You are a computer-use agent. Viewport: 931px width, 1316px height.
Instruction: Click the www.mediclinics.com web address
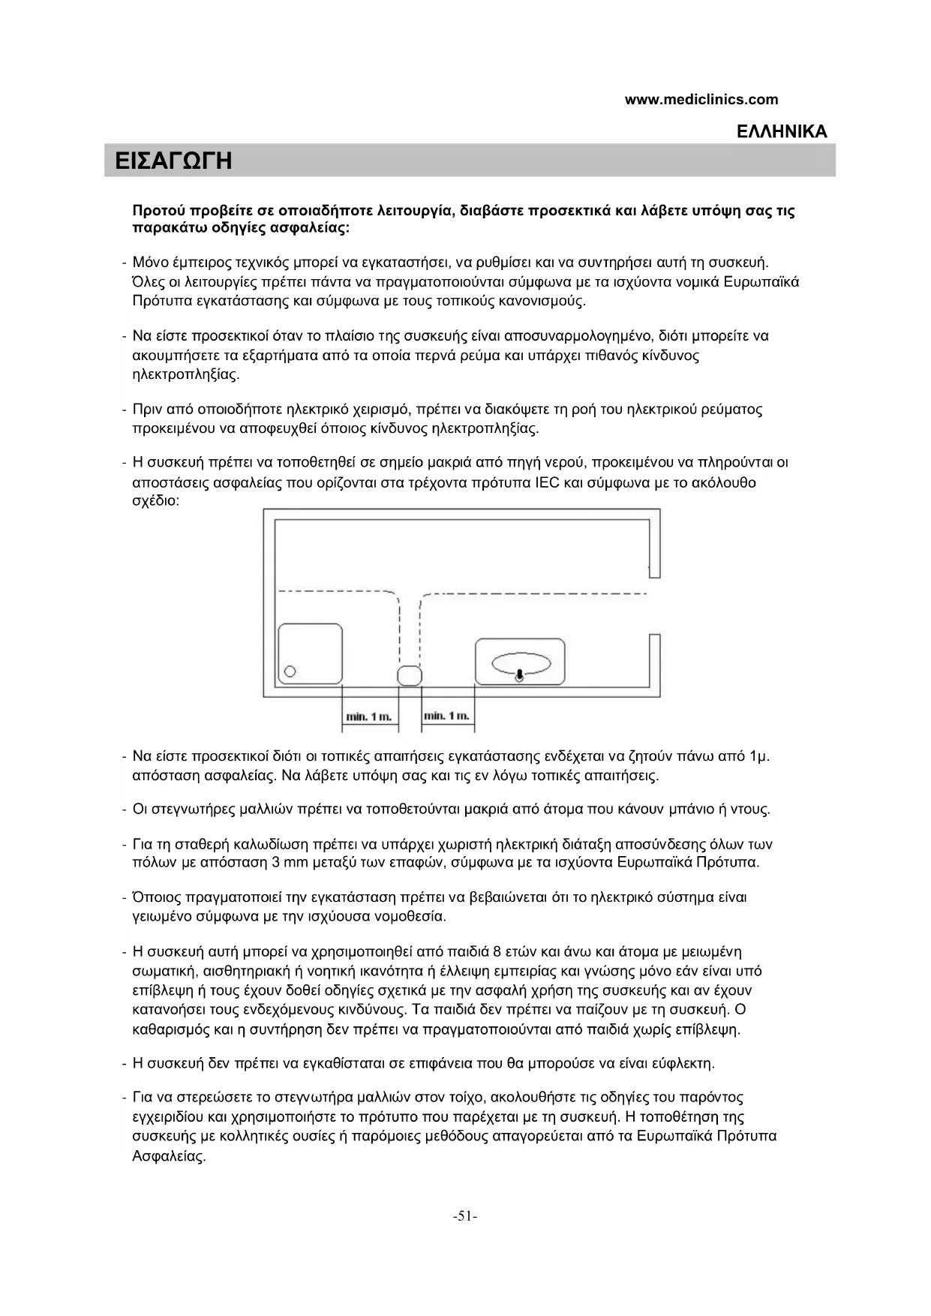click(x=701, y=99)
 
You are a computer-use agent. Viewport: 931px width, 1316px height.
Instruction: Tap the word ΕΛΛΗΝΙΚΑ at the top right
click(x=782, y=131)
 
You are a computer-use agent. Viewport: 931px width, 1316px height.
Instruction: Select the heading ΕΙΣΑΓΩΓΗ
click(x=173, y=161)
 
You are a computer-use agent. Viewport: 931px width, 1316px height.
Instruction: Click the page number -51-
click(x=465, y=1216)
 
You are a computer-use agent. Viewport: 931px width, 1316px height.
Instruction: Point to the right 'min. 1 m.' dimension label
click(x=447, y=716)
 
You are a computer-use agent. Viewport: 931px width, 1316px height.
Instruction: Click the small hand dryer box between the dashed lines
click(x=409, y=675)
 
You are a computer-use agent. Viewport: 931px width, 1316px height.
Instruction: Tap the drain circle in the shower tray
click(x=291, y=672)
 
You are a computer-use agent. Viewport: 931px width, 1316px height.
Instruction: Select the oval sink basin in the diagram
click(x=521, y=663)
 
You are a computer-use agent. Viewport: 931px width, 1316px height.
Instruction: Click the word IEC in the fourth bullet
click(x=548, y=482)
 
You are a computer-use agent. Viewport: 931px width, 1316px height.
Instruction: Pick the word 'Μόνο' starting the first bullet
click(x=151, y=263)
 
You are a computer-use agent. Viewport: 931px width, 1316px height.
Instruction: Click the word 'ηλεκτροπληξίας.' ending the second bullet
click(x=186, y=374)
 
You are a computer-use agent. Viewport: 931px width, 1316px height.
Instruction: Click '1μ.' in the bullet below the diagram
click(x=758, y=756)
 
